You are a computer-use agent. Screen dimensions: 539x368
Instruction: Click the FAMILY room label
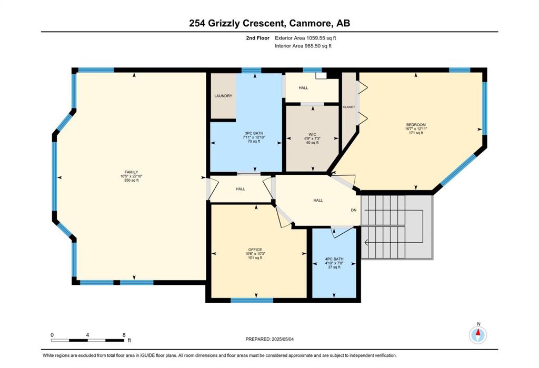tap(131, 172)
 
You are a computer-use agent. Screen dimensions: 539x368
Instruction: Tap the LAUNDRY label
tap(223, 96)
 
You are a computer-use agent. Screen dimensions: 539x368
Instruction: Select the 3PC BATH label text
tap(254, 133)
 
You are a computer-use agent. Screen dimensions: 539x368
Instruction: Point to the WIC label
tap(312, 134)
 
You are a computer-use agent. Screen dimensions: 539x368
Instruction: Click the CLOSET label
tap(349, 107)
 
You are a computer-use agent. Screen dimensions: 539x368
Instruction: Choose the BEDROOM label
tap(416, 125)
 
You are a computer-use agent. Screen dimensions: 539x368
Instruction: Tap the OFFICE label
tap(255, 250)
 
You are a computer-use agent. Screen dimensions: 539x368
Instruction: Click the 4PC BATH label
tap(334, 260)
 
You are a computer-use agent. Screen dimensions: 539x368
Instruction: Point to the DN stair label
tap(354, 210)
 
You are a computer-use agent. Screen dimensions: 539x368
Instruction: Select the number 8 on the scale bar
tap(124, 335)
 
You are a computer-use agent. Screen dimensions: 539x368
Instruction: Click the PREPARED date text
tap(269, 339)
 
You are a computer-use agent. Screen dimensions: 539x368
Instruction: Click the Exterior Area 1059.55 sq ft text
tap(305, 38)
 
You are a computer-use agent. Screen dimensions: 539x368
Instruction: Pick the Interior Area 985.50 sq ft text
tap(303, 46)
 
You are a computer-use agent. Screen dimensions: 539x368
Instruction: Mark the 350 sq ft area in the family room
tap(131, 180)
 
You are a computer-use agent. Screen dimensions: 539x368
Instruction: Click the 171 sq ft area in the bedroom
tap(416, 133)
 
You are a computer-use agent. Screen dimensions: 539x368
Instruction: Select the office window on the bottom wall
tap(252, 300)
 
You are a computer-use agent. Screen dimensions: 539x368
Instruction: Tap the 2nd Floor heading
tap(258, 38)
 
